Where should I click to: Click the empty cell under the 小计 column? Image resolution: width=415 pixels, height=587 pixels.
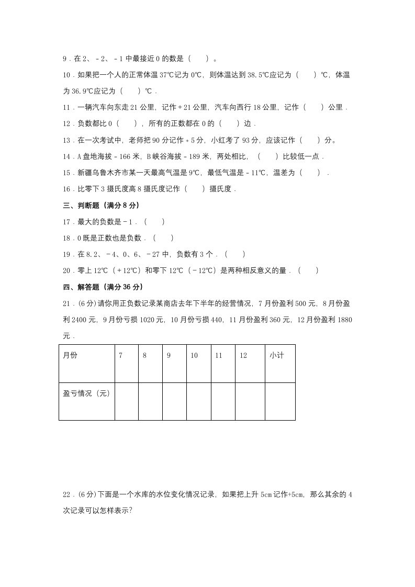(x=280, y=401)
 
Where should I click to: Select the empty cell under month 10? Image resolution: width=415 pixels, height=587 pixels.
(x=199, y=401)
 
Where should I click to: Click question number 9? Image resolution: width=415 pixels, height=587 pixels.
(x=65, y=59)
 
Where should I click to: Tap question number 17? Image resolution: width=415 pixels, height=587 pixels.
(x=67, y=222)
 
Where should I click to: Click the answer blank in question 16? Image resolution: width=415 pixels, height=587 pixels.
(x=196, y=189)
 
